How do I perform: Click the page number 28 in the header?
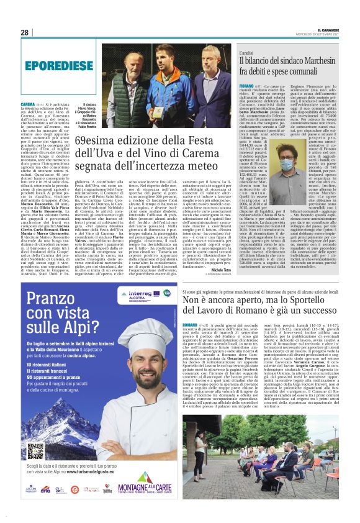(x=25, y=32)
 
